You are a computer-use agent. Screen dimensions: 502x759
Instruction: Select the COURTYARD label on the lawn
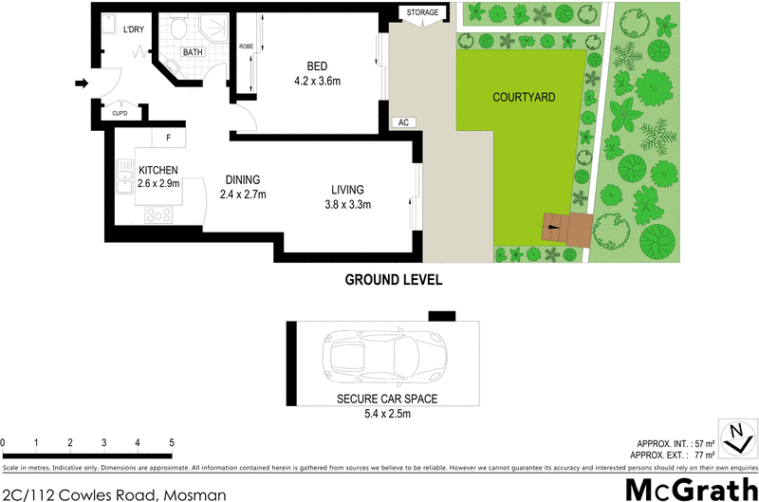[524, 98]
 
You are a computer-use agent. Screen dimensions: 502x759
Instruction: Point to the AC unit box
[403, 122]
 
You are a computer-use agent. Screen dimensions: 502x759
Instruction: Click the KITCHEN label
[158, 171]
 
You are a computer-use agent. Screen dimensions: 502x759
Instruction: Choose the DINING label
[243, 180]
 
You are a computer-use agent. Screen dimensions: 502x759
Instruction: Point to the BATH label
[193, 52]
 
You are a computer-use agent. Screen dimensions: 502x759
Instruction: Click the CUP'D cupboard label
[120, 113]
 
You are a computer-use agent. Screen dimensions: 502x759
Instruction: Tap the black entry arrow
[82, 84]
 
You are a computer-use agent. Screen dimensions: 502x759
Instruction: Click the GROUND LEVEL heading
[393, 280]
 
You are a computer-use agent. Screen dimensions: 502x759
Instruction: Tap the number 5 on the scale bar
[172, 443]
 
